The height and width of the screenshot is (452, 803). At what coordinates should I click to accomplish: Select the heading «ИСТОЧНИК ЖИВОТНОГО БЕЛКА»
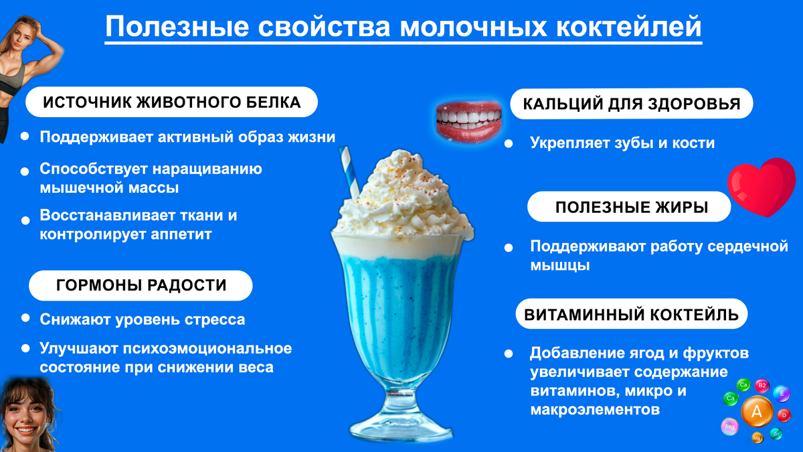(x=171, y=103)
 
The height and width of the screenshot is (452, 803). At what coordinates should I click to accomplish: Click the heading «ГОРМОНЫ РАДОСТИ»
(x=141, y=285)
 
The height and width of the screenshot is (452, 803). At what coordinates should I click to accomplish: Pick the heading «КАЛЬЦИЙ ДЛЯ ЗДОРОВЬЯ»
(x=631, y=104)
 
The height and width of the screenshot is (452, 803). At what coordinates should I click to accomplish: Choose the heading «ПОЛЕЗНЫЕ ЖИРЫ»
(x=631, y=207)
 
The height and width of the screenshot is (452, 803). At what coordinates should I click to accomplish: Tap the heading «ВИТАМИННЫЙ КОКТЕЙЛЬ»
(x=631, y=314)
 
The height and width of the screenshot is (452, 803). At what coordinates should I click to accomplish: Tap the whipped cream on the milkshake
(x=401, y=201)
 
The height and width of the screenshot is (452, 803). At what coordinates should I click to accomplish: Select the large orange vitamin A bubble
(x=757, y=412)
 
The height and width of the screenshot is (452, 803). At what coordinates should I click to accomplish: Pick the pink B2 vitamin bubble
(x=762, y=386)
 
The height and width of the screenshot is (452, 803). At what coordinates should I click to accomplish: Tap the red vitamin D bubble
(x=784, y=415)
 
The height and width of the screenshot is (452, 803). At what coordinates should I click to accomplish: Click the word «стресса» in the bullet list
(x=219, y=319)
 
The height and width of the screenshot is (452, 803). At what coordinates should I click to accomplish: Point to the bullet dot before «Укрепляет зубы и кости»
(x=509, y=143)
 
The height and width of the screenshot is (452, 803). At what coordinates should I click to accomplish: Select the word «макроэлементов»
(x=595, y=408)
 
